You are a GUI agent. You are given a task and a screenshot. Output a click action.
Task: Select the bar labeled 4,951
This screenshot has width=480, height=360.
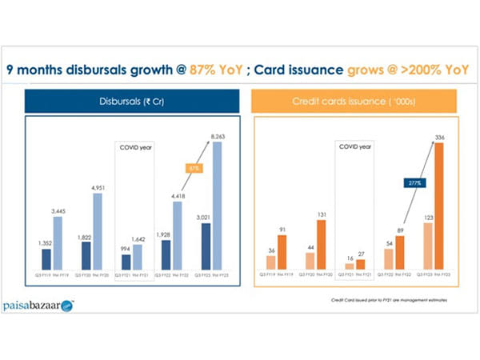click(x=97, y=231)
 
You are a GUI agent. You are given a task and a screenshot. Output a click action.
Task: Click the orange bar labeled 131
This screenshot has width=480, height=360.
click(x=322, y=244)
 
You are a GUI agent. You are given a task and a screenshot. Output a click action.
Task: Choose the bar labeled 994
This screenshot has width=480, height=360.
click(x=126, y=262)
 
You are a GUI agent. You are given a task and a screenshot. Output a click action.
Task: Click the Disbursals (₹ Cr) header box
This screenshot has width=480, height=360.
click(x=130, y=101)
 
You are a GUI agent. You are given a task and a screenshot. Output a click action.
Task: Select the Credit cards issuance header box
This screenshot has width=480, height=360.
click(x=353, y=101)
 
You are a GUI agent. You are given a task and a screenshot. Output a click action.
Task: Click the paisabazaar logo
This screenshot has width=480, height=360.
click(x=36, y=306)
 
